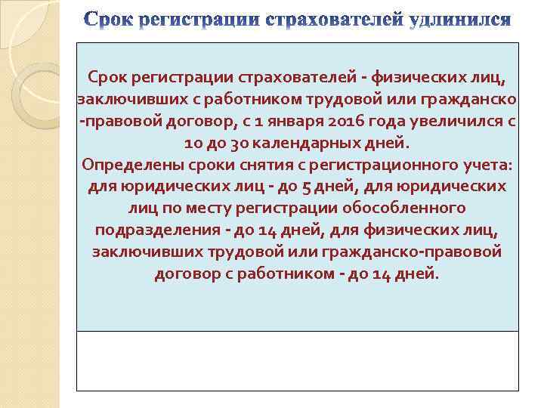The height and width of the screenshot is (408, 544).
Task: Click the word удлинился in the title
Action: [459, 19]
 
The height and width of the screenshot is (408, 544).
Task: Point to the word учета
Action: [472, 165]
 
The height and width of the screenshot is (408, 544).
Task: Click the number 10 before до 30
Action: [193, 143]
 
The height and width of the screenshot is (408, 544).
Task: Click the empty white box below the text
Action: [297, 360]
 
